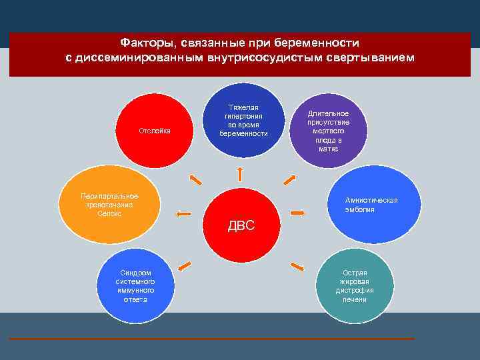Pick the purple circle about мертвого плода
pos(328,131)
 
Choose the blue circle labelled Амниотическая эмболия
pos(371,204)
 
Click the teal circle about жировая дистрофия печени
pos(354,285)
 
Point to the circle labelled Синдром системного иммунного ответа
pos(136,285)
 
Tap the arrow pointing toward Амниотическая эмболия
pos(297,213)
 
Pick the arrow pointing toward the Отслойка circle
pos(195,180)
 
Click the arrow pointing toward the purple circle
pos(289,180)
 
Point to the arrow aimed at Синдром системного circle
pos(184,267)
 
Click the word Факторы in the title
pos(143,42)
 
